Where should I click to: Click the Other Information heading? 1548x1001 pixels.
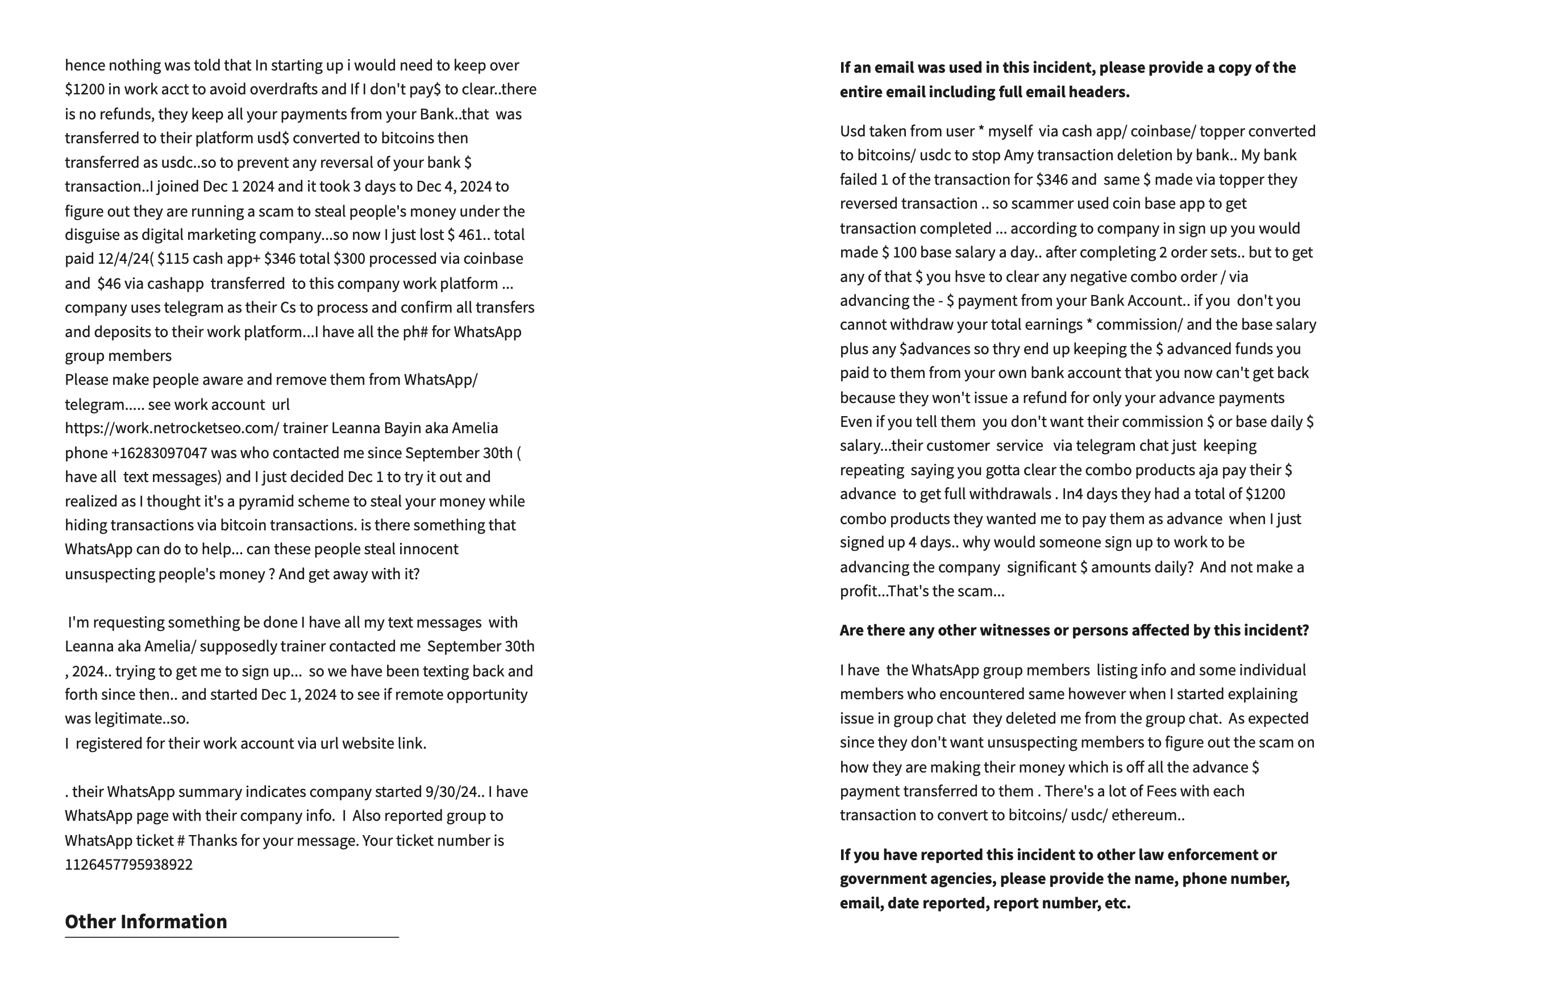click(x=145, y=921)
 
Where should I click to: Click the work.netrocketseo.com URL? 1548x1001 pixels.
click(x=172, y=429)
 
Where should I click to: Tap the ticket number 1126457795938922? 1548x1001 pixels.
click(x=128, y=865)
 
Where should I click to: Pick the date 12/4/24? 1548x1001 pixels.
click(x=123, y=259)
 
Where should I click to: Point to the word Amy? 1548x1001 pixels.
click(x=1018, y=155)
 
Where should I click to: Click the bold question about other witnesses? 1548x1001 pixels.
click(x=1073, y=630)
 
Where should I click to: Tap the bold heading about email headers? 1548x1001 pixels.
click(x=1067, y=80)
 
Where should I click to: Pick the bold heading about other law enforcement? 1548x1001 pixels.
click(x=1064, y=879)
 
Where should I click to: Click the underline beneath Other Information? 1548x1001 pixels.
click(x=231, y=937)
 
